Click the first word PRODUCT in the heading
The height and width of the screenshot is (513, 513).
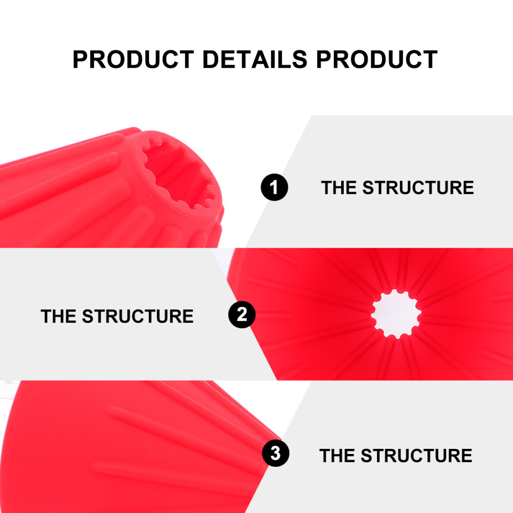coord(133,59)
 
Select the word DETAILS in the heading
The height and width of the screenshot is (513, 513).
coord(255,59)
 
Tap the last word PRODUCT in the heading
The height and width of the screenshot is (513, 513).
coord(377,59)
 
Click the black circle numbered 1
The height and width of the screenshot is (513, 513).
coord(274,187)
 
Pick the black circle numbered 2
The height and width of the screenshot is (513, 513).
coord(242,314)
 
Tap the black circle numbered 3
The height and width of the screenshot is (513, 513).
coord(275,453)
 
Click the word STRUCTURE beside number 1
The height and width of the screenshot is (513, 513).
coord(418,187)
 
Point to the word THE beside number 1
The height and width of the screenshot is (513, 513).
coord(339,187)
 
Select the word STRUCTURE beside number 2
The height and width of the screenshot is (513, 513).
coord(137,316)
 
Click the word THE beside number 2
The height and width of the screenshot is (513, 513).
coord(58,316)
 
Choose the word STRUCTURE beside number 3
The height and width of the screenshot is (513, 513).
coord(417,456)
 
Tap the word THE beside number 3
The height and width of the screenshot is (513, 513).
coord(337,456)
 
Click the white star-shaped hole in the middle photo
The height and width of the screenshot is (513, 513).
coord(396,313)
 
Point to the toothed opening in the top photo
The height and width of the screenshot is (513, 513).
coord(179,173)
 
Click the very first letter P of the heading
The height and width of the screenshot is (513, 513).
coord(80,59)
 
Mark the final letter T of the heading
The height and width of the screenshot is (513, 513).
coord(429,59)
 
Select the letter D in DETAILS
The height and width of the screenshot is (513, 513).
coord(211,59)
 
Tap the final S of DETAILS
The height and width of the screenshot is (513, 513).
coord(300,59)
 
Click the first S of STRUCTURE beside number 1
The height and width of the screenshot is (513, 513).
coord(368,187)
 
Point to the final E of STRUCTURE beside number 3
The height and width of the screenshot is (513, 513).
coord(466,456)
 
